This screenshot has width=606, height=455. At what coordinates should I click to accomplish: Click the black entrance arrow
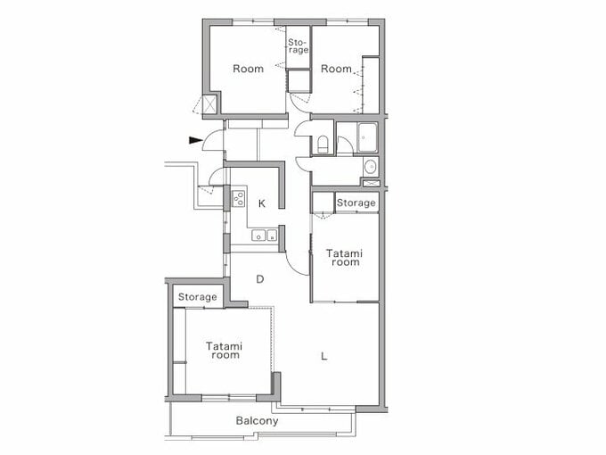194,139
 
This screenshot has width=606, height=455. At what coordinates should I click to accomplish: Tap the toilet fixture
322,145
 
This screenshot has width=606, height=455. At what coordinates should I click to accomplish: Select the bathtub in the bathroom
368,138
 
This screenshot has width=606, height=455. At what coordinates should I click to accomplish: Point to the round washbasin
370,167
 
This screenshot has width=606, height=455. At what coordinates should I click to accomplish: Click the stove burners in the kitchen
238,198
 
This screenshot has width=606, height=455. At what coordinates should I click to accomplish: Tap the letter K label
262,203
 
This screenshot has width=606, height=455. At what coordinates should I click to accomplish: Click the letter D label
260,279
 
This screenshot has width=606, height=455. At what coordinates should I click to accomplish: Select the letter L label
324,356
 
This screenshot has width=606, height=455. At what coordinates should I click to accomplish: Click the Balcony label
257,420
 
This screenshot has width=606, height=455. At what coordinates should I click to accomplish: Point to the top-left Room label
248,69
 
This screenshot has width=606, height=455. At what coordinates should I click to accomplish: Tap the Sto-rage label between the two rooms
298,46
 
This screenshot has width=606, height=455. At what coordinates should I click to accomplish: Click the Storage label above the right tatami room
356,203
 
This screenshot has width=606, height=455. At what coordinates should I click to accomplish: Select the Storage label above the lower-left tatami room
197,296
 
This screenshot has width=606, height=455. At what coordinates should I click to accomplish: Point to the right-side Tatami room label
345,257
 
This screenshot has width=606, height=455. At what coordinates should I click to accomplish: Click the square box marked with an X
210,104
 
